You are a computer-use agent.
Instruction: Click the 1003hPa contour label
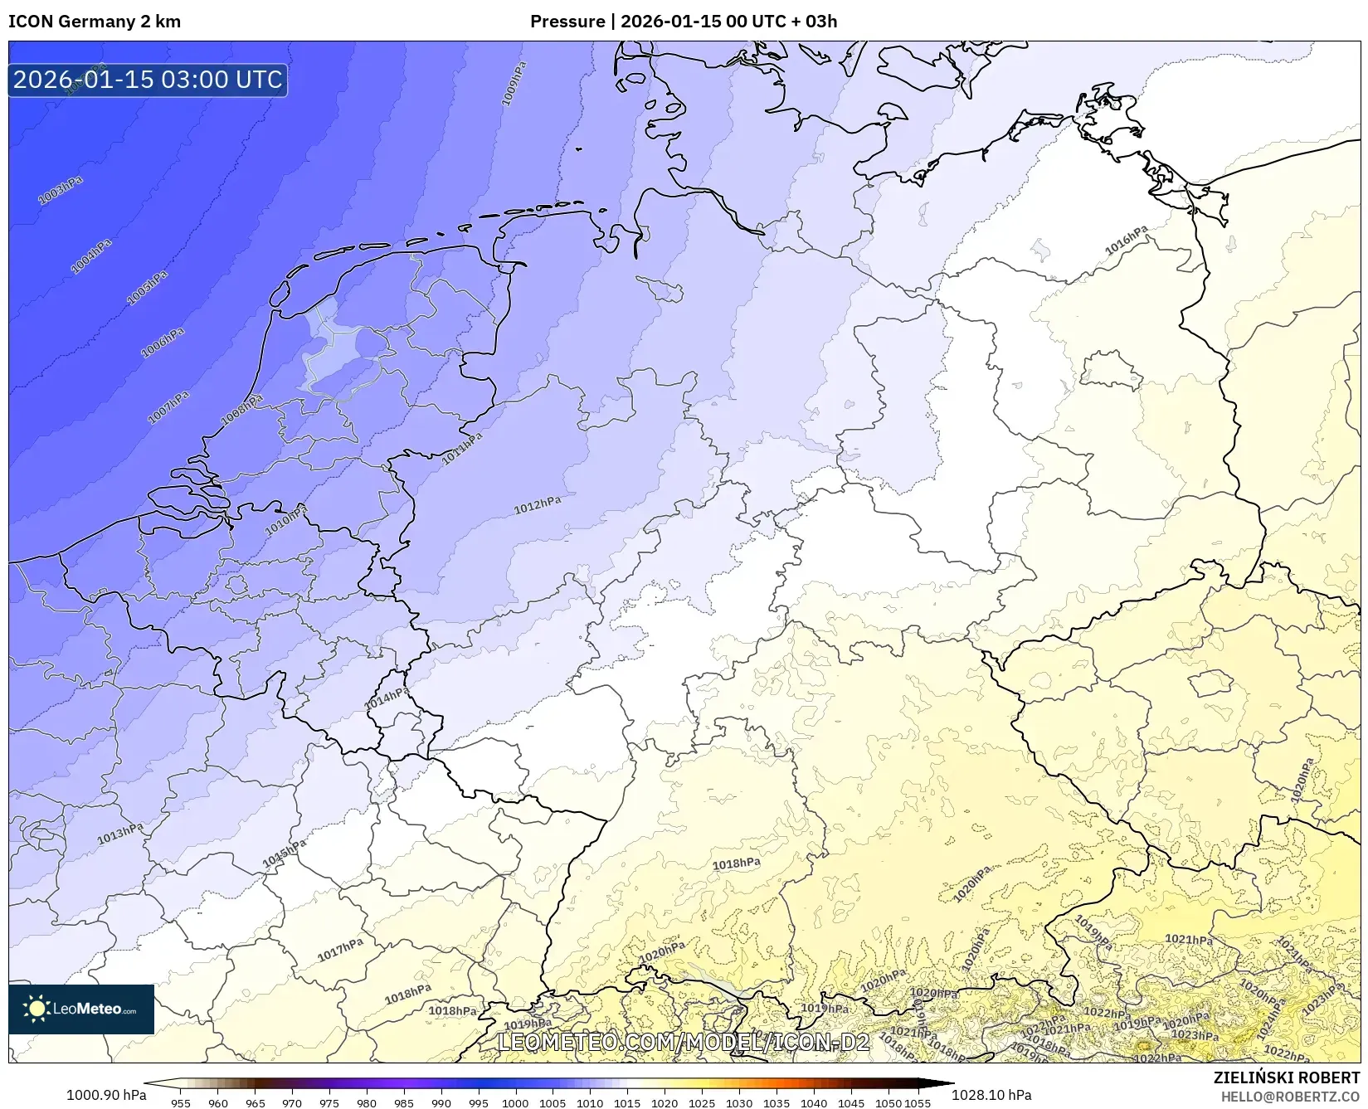[61, 192]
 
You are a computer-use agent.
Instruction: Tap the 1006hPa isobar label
[163, 343]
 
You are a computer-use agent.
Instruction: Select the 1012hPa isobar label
[537, 505]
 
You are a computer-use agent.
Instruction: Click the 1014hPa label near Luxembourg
[387, 698]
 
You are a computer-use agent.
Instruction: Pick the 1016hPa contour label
[1127, 241]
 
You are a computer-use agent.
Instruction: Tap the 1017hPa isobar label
[340, 950]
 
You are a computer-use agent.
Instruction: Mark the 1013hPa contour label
[120, 834]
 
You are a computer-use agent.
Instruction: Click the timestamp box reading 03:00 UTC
[148, 80]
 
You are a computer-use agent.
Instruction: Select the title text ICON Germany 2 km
[95, 22]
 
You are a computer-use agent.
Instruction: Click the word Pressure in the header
[567, 22]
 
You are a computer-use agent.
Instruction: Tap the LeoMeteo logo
[81, 1009]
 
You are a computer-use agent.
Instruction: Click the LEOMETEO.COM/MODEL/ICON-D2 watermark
[684, 1042]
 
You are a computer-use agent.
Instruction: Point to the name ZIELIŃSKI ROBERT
[1287, 1077]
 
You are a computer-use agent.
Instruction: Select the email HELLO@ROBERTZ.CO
[1290, 1097]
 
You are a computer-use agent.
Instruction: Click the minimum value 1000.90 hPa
[106, 1095]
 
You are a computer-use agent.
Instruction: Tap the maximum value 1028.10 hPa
[991, 1095]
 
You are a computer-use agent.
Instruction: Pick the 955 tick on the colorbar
[181, 1103]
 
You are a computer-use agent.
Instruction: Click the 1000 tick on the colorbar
[515, 1103]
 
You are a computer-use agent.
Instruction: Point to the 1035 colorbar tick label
[776, 1103]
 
